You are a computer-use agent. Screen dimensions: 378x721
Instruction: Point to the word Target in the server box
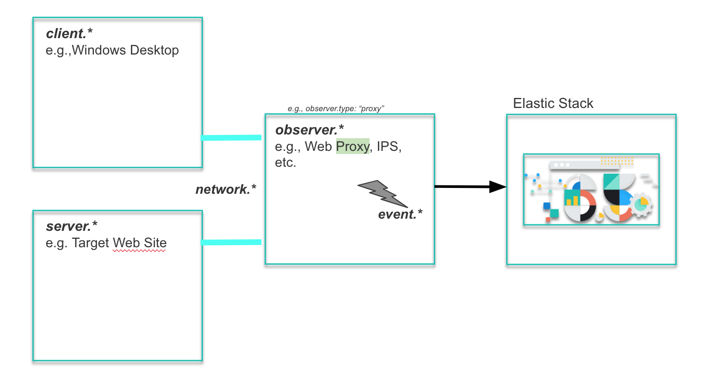pyautogui.click(x=91, y=243)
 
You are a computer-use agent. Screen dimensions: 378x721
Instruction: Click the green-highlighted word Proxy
pyautogui.click(x=353, y=147)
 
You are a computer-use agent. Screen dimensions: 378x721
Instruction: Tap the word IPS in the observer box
pyautogui.click(x=389, y=147)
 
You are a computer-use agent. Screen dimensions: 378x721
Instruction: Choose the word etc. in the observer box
pyautogui.click(x=285, y=163)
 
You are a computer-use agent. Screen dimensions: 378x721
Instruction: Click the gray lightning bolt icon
pyautogui.click(x=383, y=193)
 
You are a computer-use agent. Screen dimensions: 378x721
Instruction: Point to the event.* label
pyautogui.click(x=400, y=214)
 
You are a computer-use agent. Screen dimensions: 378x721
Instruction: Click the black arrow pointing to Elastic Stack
pyautogui.click(x=469, y=186)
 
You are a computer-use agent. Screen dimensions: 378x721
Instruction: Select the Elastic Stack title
pyautogui.click(x=553, y=103)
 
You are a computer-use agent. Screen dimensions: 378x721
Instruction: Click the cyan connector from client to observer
pyautogui.click(x=231, y=138)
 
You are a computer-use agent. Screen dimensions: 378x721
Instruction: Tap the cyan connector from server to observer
pyautogui.click(x=231, y=242)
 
